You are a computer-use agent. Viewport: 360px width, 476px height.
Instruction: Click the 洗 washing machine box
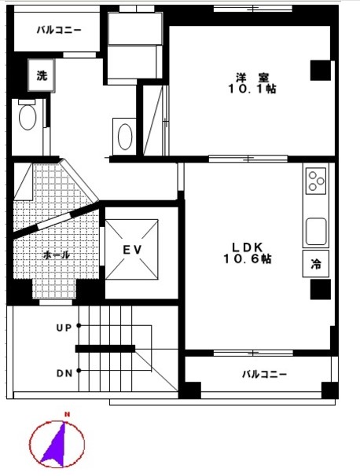(x=42, y=75)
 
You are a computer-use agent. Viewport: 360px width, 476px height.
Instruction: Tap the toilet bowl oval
(x=28, y=117)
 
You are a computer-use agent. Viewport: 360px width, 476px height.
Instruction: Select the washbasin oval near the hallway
(x=125, y=137)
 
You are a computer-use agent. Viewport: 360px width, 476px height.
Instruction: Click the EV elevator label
(x=132, y=250)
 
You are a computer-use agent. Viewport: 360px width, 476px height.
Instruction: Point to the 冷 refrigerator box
(x=316, y=263)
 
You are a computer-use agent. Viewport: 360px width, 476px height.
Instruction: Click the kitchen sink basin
(x=316, y=231)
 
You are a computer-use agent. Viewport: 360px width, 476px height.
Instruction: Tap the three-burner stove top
(x=316, y=181)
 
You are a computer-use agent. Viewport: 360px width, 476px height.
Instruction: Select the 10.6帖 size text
(x=248, y=259)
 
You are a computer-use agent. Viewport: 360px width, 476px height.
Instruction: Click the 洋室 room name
(x=252, y=78)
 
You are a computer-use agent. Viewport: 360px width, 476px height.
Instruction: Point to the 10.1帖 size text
(x=252, y=89)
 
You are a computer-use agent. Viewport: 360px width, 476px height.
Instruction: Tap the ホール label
(x=57, y=254)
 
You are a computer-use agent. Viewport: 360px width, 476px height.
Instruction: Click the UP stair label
(x=64, y=328)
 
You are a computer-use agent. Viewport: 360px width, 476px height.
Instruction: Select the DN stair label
(x=64, y=373)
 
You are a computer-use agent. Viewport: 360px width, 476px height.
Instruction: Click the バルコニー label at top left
(x=59, y=30)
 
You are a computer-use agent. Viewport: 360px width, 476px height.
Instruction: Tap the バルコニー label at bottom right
(x=264, y=374)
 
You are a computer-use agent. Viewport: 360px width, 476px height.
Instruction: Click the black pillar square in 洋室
(x=320, y=71)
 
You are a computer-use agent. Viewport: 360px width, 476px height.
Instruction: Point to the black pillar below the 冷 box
(x=320, y=289)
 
